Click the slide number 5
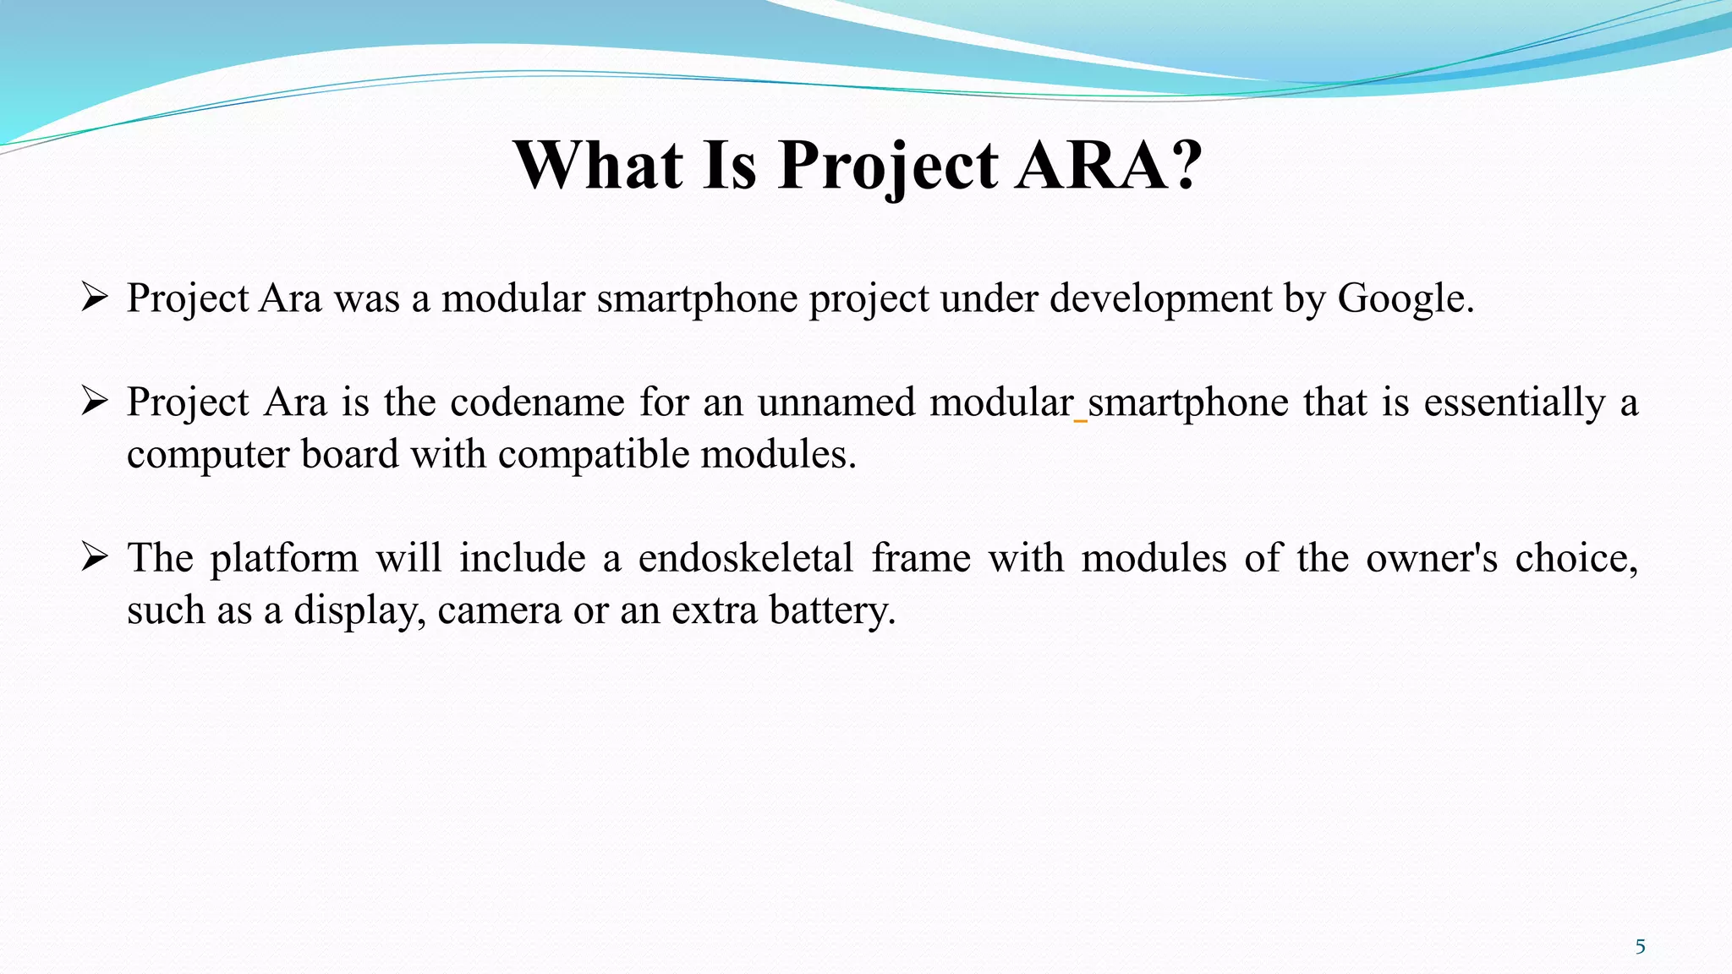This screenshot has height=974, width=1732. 1640,947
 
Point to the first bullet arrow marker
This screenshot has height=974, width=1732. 94,298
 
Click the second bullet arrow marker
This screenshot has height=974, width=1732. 94,401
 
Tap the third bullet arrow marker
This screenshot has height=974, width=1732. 94,557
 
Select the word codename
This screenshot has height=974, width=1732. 537,402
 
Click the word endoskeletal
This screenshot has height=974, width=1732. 745,558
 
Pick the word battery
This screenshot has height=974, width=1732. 831,611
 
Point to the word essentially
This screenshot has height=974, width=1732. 1514,402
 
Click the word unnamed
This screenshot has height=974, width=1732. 836,402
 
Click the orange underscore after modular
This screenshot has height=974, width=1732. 1080,419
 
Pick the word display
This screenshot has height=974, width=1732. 359,611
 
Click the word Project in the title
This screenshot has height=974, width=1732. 888,166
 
